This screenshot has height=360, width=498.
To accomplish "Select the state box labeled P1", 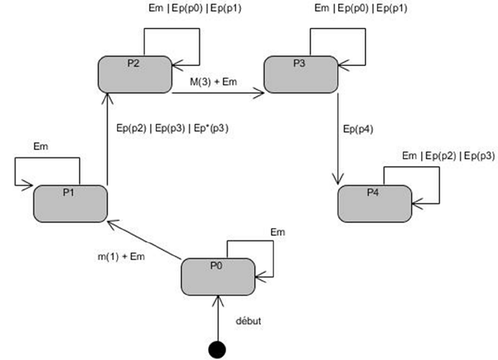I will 71,202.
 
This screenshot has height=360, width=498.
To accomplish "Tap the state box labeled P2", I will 135,73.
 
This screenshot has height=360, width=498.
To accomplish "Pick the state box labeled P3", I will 301,73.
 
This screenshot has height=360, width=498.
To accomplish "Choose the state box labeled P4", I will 374,203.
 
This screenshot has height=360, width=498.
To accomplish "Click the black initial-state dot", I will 217,347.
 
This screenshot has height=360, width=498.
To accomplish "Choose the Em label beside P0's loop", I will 278,232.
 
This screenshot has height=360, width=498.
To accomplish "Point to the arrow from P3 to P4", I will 339,139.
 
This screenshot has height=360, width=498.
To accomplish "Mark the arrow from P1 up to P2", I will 106,139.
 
